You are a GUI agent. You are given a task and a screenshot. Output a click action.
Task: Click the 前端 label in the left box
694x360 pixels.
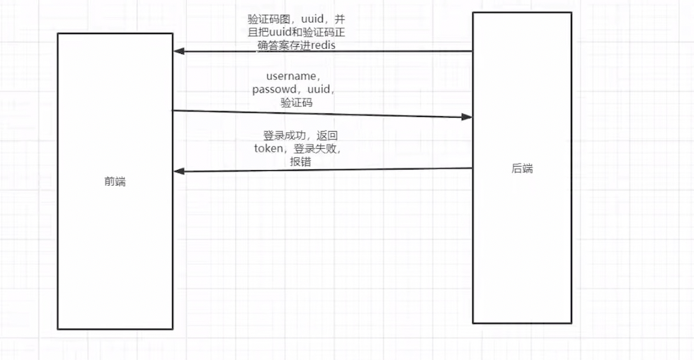tap(114, 181)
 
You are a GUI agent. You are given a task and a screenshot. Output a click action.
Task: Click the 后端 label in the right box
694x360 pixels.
tap(522, 169)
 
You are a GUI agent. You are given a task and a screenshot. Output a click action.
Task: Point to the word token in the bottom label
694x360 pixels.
tap(268, 148)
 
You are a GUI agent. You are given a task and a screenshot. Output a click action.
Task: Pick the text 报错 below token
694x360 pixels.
tap(300, 162)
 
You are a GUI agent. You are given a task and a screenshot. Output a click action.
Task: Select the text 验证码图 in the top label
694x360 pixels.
tap(259, 19)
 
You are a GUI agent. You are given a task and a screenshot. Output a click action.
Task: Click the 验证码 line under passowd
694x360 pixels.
tap(297, 103)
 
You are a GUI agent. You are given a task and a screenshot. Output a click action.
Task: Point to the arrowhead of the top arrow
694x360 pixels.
tap(179, 51)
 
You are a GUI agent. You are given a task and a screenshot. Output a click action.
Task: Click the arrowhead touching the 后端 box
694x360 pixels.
tap(467, 116)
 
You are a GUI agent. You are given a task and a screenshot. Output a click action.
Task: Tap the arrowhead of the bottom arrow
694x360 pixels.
tap(179, 171)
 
